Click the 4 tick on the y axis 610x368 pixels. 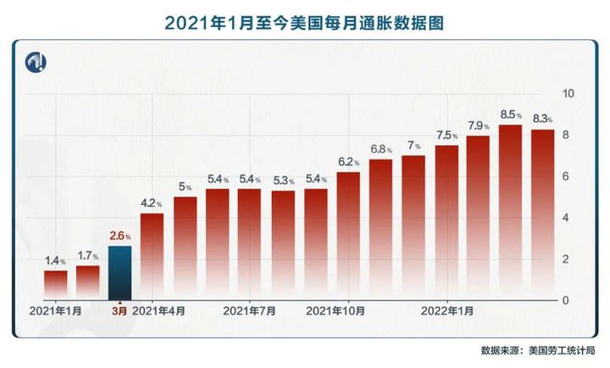(568, 218)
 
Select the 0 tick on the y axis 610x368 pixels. (568, 300)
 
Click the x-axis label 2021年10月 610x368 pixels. (336, 312)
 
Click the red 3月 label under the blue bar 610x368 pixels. (120, 312)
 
